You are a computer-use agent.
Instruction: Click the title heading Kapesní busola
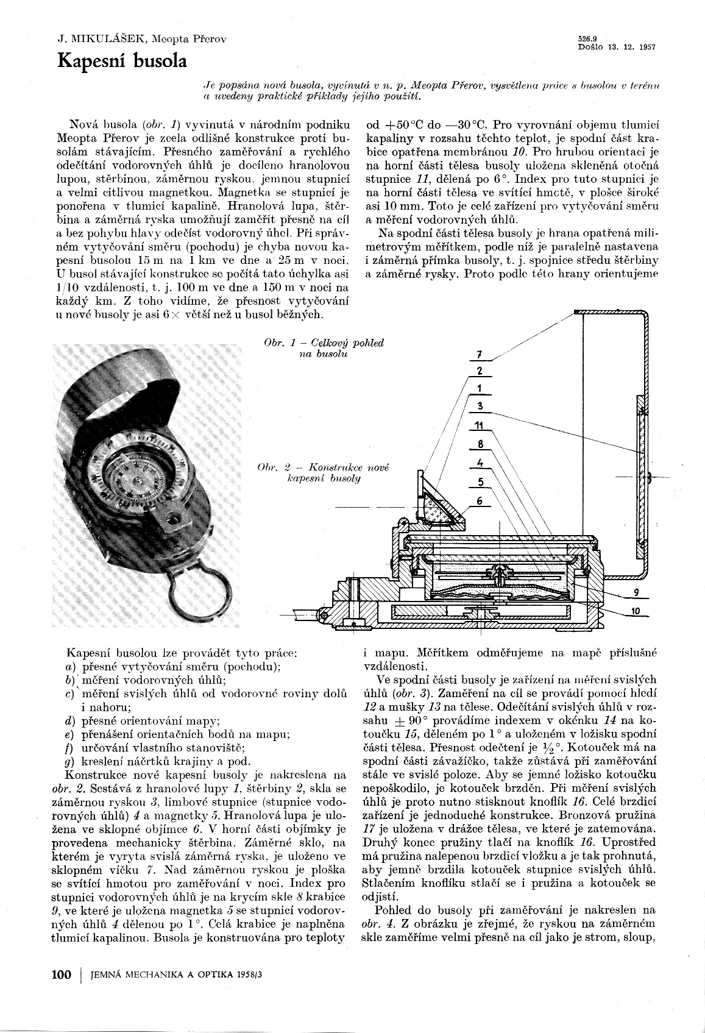coord(122,62)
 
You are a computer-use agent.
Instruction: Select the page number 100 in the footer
coord(62,974)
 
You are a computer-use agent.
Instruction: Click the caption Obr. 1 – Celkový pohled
coord(324,343)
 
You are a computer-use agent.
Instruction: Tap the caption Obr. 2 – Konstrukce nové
coord(323,467)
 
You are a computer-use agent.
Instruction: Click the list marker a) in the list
coord(69,667)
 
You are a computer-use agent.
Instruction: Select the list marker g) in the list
coord(69,761)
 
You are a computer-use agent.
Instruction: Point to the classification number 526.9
coord(587,38)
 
